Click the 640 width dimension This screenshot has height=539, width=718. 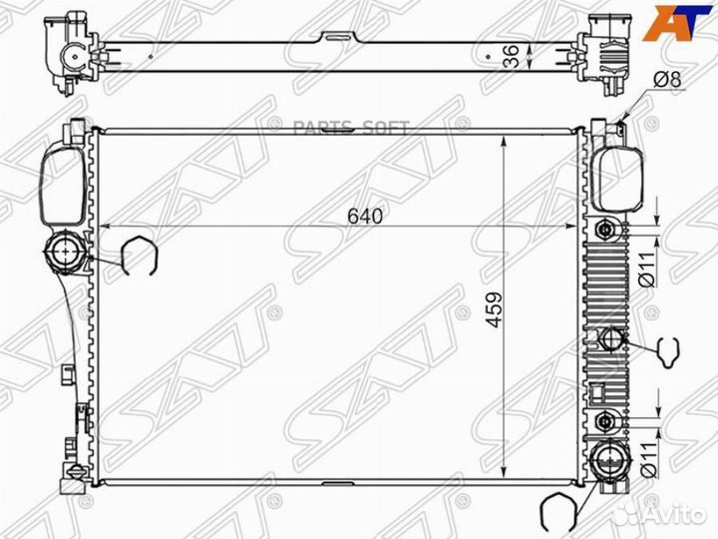(366, 215)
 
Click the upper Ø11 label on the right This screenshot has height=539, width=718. (645, 268)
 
